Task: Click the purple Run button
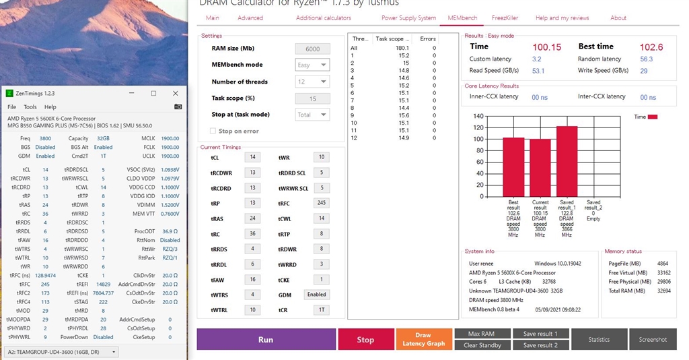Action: pos(266,339)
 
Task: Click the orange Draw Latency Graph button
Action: pos(423,339)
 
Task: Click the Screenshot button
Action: pos(653,339)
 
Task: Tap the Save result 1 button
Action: pos(540,334)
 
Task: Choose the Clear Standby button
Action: pos(482,345)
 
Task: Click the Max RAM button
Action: pos(482,334)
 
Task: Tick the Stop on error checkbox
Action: pos(214,131)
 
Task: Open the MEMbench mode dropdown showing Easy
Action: pos(312,65)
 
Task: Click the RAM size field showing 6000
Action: pos(312,49)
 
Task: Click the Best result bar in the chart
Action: pos(513,167)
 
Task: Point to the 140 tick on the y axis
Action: pos(478,116)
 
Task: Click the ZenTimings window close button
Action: pos(176,93)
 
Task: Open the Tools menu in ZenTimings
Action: pos(30,107)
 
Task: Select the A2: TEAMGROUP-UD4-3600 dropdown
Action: pos(61,351)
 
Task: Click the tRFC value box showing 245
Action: pos(321,202)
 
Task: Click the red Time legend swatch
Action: pos(653,117)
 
